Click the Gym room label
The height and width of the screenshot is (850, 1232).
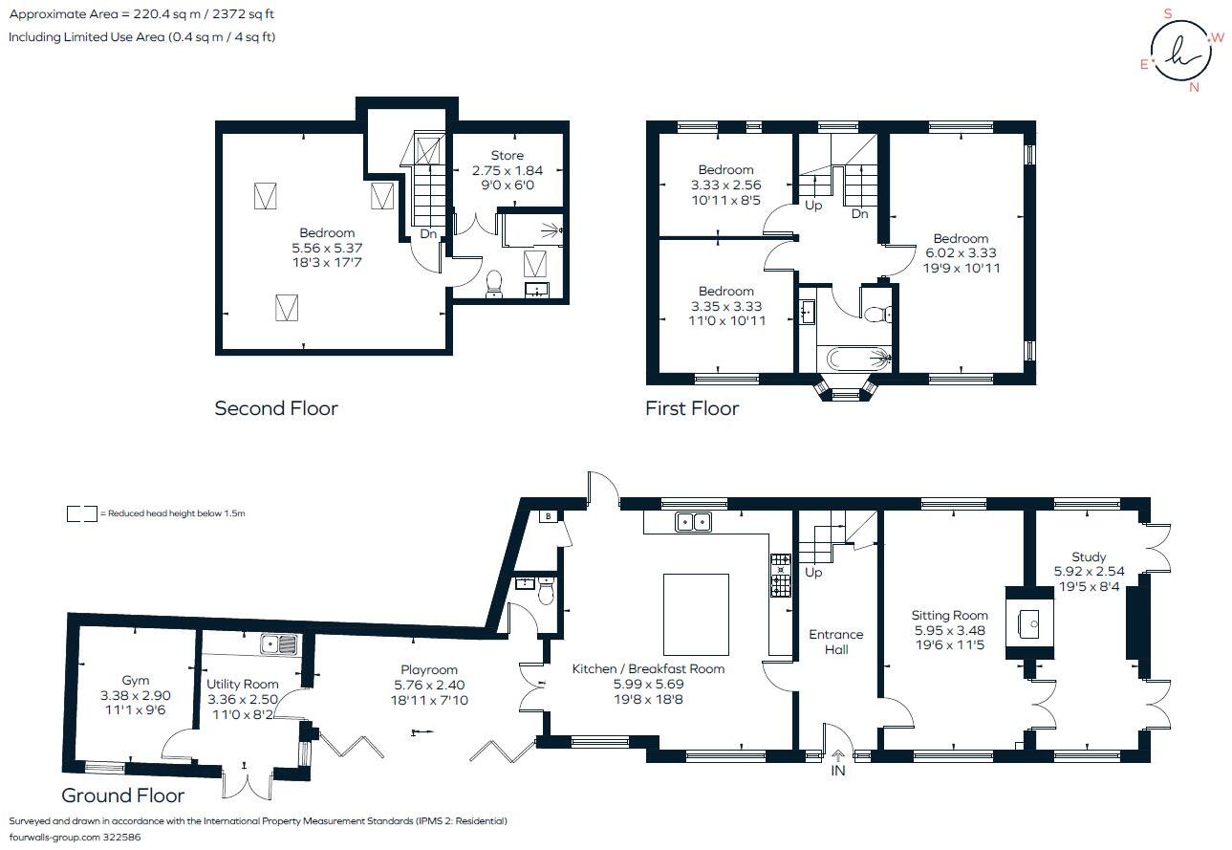135,680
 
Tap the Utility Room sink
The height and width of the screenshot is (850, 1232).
279,643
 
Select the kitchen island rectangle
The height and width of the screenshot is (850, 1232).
696,614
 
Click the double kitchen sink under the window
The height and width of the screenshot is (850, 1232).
694,521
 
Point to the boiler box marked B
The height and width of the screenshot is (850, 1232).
548,516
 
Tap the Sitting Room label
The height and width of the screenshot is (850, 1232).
949,615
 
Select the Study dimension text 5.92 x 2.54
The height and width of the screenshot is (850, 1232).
1089,571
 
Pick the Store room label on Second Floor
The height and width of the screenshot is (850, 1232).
508,155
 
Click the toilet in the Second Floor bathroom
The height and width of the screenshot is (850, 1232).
494,284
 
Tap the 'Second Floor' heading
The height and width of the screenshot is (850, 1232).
276,408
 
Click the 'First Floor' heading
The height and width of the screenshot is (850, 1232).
692,408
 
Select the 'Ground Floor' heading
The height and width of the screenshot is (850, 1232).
122,796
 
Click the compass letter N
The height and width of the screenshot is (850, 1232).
1194,87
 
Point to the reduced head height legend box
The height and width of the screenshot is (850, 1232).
82,513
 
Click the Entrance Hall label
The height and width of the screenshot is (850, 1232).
836,642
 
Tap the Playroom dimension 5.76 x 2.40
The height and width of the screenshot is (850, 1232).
429,685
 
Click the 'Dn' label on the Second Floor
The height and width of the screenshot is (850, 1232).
428,234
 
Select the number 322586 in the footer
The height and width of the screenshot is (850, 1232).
122,838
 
